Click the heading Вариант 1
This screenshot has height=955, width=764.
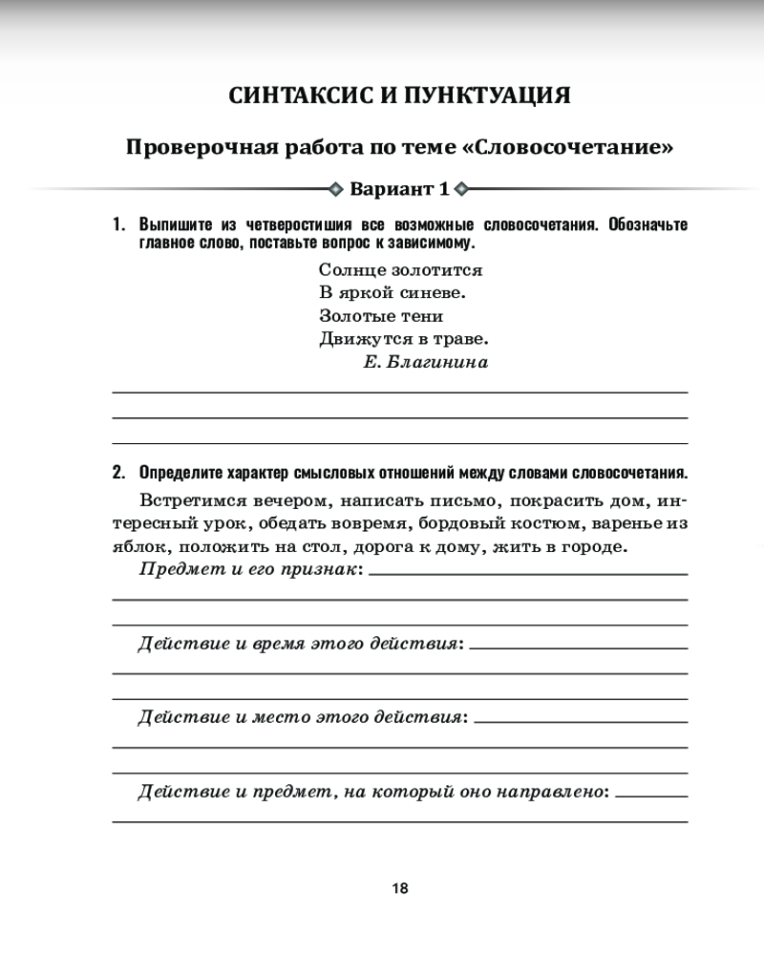(x=399, y=188)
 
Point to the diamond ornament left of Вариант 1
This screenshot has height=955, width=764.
(x=335, y=188)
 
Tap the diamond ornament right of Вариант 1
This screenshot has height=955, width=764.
(x=462, y=188)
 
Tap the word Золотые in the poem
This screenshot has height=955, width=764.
(x=353, y=316)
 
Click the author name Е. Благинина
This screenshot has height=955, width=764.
(x=426, y=362)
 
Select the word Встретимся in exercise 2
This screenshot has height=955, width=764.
(x=192, y=499)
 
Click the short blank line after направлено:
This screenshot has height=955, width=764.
(x=652, y=795)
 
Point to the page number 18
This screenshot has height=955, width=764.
(x=400, y=888)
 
